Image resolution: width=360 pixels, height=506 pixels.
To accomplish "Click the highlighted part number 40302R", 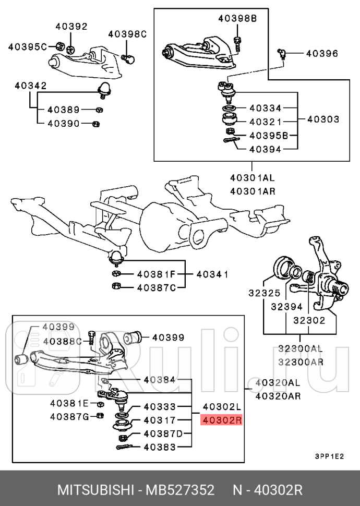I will pos(221,420).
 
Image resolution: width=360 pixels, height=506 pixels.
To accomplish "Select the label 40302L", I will pos(221,407).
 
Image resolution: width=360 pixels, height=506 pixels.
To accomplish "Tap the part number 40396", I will pos(321,53).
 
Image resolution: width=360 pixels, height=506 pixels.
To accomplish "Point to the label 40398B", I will pos(237,19).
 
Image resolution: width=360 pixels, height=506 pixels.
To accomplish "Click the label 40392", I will pos(71,27).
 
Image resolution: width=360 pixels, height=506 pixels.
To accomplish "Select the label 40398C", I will pos(127,34).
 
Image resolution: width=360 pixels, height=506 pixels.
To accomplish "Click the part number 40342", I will pos(30,85).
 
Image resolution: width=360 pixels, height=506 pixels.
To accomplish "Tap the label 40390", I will pos(63,124).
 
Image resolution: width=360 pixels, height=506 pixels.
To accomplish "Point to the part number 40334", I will pos(265,108).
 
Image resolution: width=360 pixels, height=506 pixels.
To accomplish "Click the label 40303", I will pos(323,119).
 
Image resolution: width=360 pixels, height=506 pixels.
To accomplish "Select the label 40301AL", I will pos(252,177).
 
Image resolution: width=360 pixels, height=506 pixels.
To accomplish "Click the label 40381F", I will pos(157,273).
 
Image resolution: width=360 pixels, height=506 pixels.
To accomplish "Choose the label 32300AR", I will pos(300,362).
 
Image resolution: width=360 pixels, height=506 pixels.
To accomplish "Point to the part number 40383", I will pos(160,447).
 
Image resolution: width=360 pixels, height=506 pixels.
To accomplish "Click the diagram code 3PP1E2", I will pos(329,455).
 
